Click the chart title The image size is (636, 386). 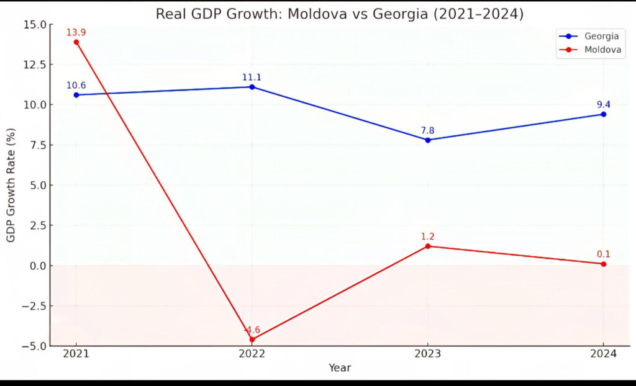[339, 14]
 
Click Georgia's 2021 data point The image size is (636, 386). [76, 95]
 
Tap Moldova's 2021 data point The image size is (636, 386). [76, 42]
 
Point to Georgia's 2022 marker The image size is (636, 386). [252, 87]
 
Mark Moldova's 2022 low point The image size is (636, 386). [252, 339]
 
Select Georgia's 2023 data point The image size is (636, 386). [428, 140]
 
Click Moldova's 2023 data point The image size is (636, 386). [428, 246]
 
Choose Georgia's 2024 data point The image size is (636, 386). [603, 114]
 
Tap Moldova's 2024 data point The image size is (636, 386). [603, 264]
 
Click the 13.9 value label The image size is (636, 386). [76, 32]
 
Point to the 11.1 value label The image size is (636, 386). [252, 77]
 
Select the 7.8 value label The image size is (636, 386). [428, 129]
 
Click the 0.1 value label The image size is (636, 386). [603, 253]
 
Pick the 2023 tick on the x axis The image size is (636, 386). [428, 354]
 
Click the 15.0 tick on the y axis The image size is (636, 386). [34, 24]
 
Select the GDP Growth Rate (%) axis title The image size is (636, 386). [11, 186]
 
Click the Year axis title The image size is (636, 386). [340, 368]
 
